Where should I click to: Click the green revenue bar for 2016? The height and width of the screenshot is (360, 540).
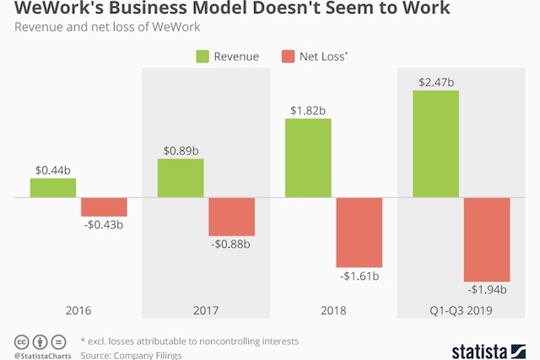tap(53, 188)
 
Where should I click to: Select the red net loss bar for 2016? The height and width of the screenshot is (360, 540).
tap(104, 207)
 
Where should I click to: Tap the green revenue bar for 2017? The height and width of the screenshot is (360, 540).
tap(181, 178)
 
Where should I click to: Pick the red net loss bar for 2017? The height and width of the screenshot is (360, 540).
tap(231, 217)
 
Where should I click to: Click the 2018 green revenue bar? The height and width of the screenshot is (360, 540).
tap(308, 158)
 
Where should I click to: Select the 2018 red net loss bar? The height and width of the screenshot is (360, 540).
tap(359, 233)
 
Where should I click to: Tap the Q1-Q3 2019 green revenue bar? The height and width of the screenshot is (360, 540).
tap(435, 144)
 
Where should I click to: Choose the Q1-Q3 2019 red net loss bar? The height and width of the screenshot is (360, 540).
tap(487, 239)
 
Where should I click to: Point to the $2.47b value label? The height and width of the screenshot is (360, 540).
tap(435, 82)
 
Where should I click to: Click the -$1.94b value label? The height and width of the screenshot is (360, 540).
tap(486, 290)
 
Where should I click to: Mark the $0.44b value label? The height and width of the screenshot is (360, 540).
tap(53, 169)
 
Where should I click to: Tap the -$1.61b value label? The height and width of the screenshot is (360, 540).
tap(359, 276)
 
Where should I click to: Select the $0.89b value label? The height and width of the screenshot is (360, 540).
tap(180, 151)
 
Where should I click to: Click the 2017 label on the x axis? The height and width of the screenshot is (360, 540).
tap(205, 310)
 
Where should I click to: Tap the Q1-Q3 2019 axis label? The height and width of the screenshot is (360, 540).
tap(461, 310)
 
